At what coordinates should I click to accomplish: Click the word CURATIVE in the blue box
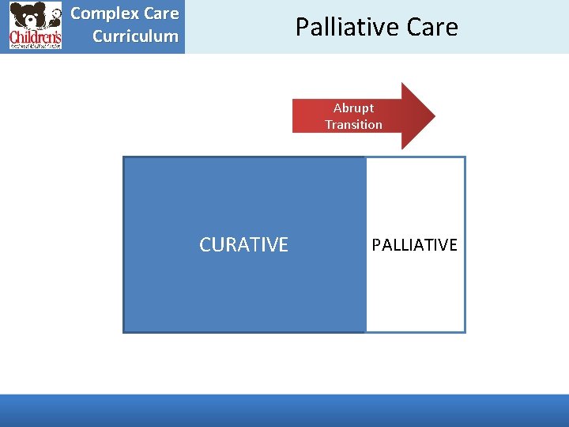[243, 245]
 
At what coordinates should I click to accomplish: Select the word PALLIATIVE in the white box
[414, 245]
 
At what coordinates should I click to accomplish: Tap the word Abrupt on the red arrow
[353, 108]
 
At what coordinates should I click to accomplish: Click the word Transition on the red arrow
[353, 124]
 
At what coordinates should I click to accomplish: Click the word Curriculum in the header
[135, 36]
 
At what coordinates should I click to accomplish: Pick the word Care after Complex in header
[161, 13]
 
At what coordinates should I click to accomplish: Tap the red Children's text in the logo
[35, 36]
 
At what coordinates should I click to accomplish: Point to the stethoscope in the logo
[55, 16]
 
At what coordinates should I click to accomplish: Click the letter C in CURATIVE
[205, 245]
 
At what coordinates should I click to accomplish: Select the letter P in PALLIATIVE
[376, 245]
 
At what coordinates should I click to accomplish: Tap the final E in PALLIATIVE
[453, 245]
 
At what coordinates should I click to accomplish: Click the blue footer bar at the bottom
[284, 410]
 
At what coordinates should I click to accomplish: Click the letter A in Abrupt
[337, 108]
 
